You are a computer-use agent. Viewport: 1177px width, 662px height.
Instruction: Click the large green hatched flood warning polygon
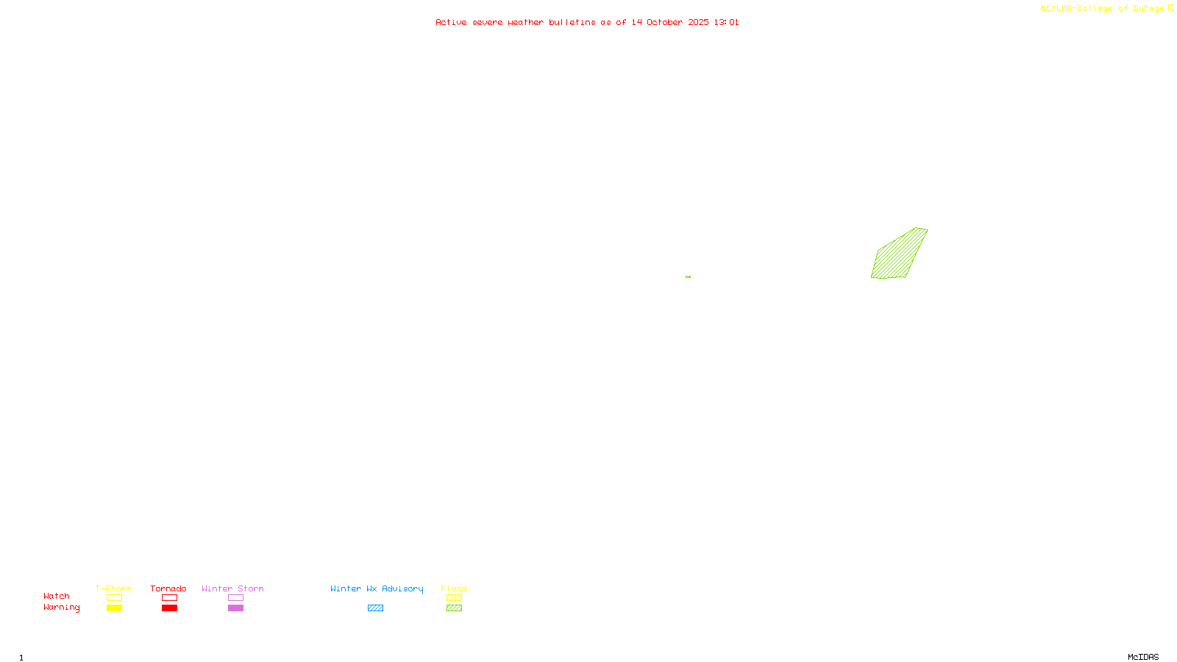coord(899,255)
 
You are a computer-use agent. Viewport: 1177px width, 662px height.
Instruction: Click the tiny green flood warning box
coord(688,277)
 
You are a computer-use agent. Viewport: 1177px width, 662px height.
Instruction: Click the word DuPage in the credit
coord(1148,8)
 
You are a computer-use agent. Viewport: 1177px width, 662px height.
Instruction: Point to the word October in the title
coord(664,22)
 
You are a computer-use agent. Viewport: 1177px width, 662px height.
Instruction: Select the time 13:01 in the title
coord(726,22)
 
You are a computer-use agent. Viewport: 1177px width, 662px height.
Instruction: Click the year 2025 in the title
coord(699,22)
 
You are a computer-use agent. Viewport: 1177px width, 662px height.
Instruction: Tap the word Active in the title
coord(450,22)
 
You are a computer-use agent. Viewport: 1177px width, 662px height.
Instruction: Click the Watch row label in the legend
coord(57,596)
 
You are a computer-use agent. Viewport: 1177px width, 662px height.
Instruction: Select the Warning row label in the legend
coord(61,608)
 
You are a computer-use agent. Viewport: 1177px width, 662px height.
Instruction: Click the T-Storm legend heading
coord(113,588)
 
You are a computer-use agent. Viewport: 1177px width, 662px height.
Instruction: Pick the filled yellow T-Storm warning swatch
coord(114,608)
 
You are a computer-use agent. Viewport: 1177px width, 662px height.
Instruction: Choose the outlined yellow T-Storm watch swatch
coord(114,598)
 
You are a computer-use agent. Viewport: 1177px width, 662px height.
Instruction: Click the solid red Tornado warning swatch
coord(169,608)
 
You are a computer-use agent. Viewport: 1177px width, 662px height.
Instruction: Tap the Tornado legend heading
coord(168,588)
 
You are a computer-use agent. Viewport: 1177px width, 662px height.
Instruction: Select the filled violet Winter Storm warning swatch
coord(235,608)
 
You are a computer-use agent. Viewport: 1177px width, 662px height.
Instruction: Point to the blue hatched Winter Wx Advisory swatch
coord(375,608)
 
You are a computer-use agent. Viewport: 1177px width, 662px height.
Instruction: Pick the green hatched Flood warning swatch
coord(454,608)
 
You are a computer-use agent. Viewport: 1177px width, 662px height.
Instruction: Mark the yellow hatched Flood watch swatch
coord(454,598)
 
